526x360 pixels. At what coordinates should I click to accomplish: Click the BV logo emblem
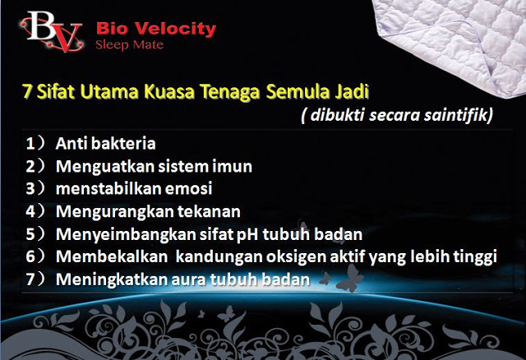52,31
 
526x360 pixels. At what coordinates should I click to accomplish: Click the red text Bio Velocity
156,30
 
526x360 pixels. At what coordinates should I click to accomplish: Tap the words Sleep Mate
130,45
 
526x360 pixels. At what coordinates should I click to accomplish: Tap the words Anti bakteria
106,144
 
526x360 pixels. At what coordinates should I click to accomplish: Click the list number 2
30,166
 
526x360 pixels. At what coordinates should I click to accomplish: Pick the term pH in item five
247,235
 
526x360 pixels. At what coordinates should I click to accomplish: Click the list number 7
30,279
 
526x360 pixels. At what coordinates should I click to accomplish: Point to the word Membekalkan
112,256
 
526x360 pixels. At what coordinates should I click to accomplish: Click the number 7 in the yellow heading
27,91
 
